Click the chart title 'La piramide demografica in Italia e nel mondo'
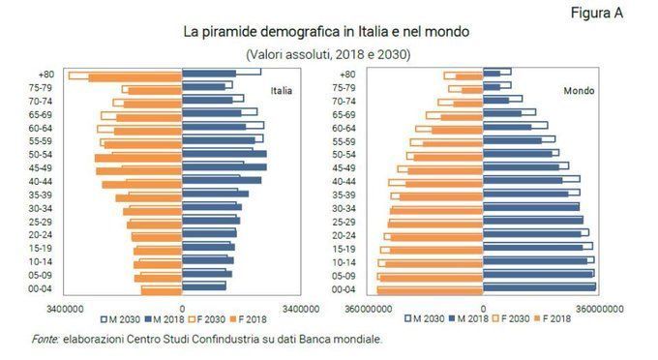point(327,32)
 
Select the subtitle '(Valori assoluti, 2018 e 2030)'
point(328,54)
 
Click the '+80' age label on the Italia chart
point(46,75)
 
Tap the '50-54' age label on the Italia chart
point(43,155)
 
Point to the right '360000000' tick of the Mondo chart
point(594,308)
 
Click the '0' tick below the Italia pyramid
point(182,308)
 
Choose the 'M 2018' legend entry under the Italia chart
point(165,318)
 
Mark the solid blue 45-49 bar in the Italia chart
point(224,168)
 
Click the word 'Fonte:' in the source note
point(45,339)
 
